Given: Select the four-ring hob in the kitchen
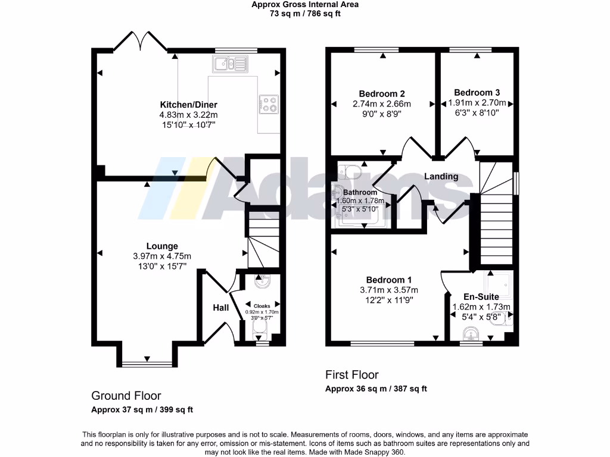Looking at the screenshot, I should pos(269,104).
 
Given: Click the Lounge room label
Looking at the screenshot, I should pos(162,246).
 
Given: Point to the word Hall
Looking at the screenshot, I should pos(221,308).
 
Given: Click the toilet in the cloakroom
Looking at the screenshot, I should pos(262,280).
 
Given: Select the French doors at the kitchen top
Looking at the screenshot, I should pos(140,42).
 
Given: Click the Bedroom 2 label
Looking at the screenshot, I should pos(382,93).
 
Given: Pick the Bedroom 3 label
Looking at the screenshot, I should pos(477,92).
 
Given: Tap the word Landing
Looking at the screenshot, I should pos(441,176).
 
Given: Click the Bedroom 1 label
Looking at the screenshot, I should pos(388,280).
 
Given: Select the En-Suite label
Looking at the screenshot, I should pos(481,296).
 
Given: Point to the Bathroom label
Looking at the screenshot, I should pos(360,192).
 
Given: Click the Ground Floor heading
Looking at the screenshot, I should pos(126,396).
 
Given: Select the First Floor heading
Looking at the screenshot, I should pos(351,375).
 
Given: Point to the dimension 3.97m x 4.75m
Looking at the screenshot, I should pos(162,256).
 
